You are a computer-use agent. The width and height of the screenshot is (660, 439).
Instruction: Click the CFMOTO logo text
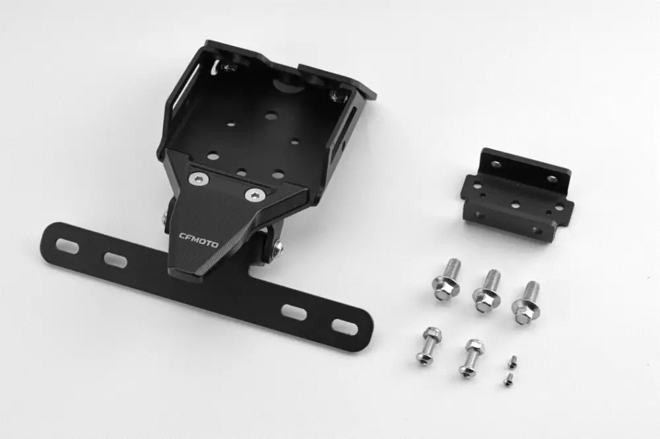click(199, 240)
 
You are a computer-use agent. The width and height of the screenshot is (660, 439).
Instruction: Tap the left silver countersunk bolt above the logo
click(199, 179)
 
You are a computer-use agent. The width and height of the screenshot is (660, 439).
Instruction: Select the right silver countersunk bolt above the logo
click(255, 194)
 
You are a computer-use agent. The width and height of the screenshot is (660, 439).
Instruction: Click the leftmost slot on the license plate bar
click(67, 246)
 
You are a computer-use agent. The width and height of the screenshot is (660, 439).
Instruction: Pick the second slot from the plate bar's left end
click(115, 260)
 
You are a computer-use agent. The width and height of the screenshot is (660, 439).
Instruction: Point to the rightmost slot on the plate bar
click(345, 327)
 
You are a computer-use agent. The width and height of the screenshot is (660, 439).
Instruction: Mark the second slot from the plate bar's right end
click(294, 312)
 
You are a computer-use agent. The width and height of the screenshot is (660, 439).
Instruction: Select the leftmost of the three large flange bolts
click(447, 280)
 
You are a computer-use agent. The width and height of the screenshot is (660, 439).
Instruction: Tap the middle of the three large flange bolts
click(488, 291)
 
